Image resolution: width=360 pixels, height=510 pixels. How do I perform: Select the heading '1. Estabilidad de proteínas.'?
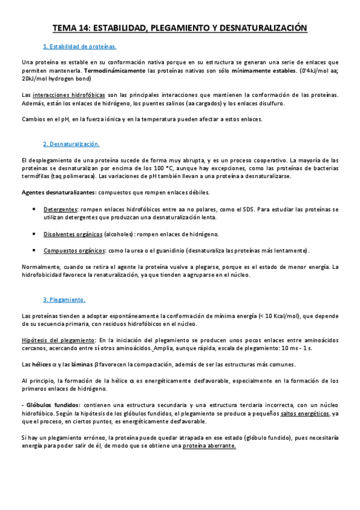pos(80,46)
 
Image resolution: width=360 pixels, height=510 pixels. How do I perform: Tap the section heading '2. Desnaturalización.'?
pos(72,144)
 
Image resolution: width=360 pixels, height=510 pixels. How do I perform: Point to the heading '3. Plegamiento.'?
pos(64,300)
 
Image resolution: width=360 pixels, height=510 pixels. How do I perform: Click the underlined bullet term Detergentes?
pos(61,209)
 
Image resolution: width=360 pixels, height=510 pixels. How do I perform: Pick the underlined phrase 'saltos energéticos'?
pos(306,414)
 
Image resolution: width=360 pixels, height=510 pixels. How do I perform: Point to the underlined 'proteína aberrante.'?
pos(209,446)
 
